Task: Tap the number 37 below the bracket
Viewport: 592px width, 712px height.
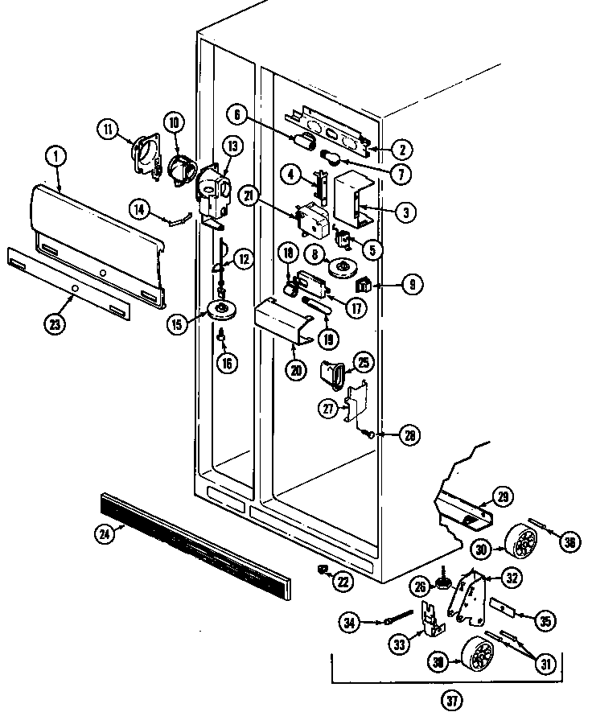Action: coord(453,701)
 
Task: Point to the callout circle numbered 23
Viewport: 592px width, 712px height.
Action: coord(55,325)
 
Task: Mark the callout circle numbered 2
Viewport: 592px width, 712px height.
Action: coord(403,148)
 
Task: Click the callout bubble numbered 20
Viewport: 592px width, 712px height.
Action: coord(295,371)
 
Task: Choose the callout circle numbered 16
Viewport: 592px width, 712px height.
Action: coord(228,363)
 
